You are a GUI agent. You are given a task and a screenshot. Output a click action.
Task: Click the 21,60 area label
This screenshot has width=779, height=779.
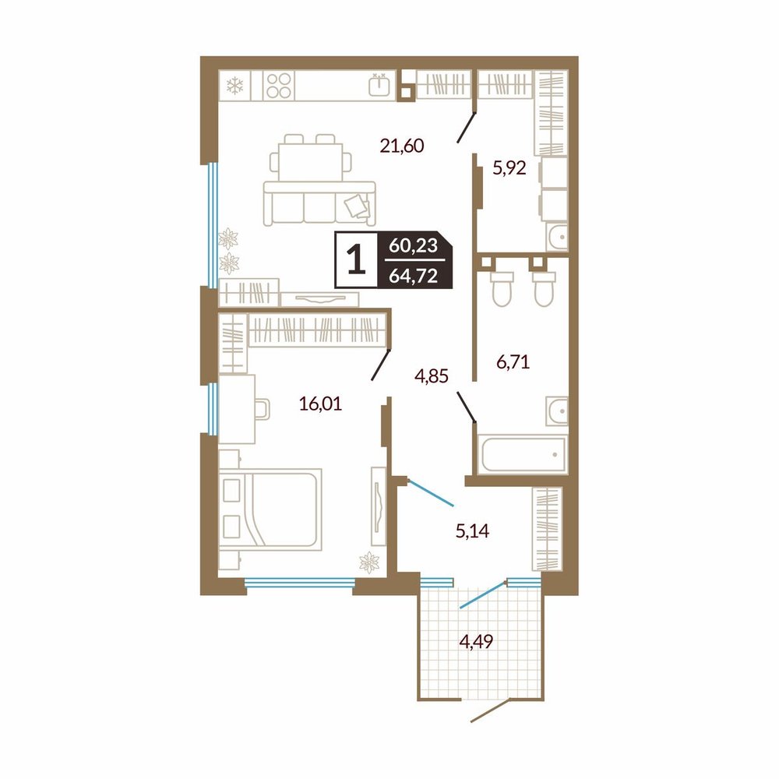[x=402, y=146]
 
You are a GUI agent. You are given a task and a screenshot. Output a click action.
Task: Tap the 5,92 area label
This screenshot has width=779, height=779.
[x=509, y=168]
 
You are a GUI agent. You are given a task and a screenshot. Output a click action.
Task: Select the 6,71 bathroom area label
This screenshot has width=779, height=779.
[x=513, y=361]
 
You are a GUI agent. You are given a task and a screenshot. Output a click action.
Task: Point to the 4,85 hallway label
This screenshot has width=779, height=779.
[x=432, y=376]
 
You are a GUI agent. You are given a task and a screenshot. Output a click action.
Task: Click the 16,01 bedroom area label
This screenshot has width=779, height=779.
[x=321, y=404]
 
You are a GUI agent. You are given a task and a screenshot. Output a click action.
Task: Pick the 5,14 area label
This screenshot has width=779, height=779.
[x=473, y=531]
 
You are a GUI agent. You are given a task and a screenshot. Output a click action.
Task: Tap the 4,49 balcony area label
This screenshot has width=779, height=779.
[x=477, y=642]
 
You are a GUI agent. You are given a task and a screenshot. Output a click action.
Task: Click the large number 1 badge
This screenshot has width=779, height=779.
[x=356, y=260]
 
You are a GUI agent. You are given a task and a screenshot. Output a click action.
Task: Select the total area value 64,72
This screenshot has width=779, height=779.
[x=414, y=275]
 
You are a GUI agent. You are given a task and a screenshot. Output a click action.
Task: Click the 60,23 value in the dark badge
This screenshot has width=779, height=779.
[x=414, y=245]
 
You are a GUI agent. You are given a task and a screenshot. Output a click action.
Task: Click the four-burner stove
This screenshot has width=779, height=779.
[x=278, y=86]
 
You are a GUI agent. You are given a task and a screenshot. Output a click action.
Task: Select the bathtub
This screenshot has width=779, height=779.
[x=523, y=453]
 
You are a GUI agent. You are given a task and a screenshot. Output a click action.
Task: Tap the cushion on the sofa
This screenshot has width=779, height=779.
[x=358, y=206]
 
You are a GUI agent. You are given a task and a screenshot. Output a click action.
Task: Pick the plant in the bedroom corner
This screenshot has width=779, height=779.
[x=369, y=562]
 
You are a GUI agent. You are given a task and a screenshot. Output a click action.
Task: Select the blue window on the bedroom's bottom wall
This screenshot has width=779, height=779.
[x=300, y=582]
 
